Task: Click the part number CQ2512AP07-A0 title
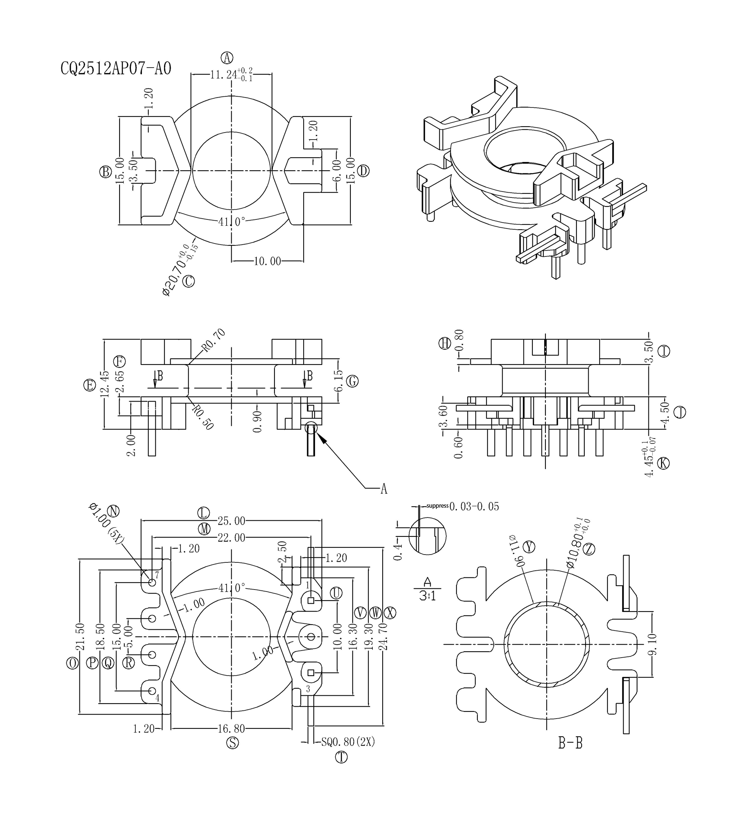pos(116,69)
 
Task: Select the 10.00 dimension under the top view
pos(268,261)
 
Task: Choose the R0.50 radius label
pos(203,417)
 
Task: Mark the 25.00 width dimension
pos(231,521)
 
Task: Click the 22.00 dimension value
pos(231,538)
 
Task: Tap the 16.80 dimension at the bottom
pos(231,728)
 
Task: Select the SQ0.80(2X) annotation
pos(348,741)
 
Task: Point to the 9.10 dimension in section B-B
pos(652,644)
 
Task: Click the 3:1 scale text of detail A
pos(427,597)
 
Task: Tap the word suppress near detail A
pos(438,506)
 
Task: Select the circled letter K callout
pos(664,463)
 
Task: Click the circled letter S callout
pos(232,743)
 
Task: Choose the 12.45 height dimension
pos(105,383)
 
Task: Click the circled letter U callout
pos(336,593)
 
